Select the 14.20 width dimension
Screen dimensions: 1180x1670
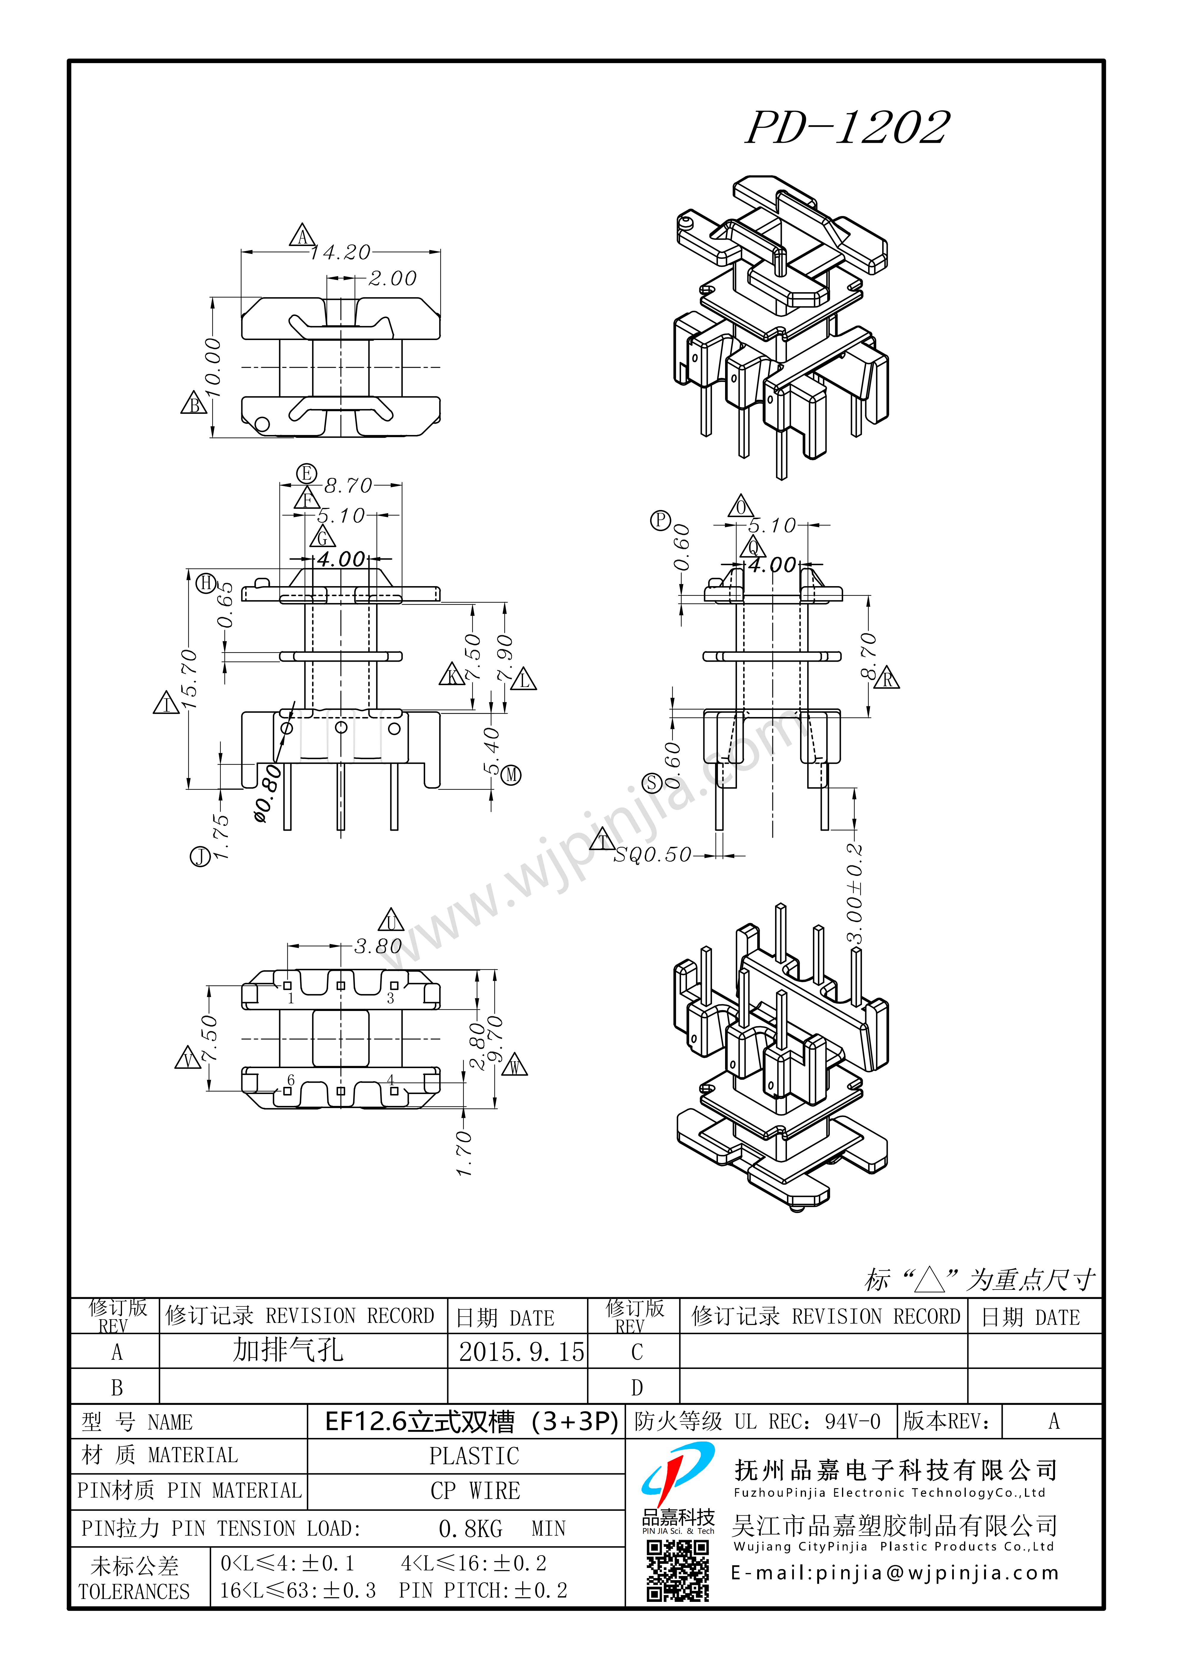(340, 252)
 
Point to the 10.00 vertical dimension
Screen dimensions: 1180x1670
(212, 367)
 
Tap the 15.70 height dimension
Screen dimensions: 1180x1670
(188, 679)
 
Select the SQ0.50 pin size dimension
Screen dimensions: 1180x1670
(652, 855)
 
